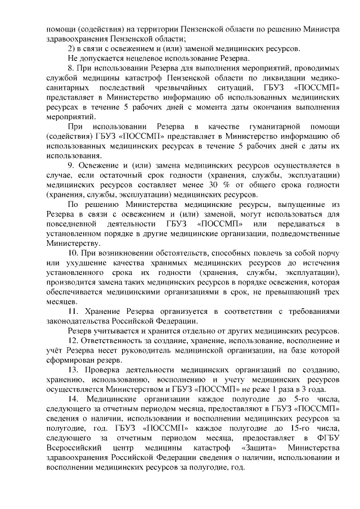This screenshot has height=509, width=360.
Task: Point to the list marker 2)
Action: (x=71, y=48)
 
